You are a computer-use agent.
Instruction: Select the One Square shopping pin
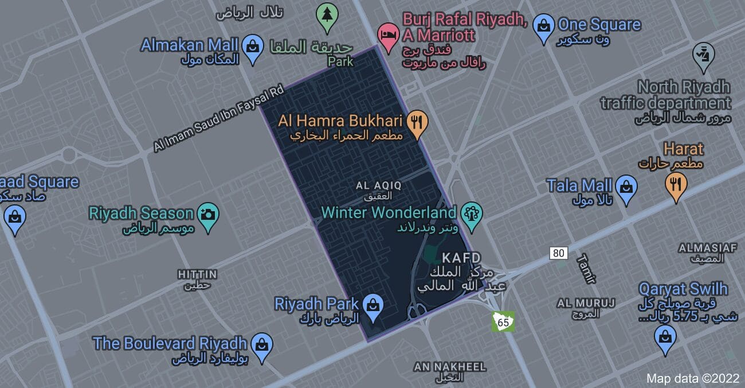click(543, 26)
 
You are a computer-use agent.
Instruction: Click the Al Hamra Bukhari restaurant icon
click(417, 122)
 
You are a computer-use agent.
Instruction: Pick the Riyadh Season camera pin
click(207, 215)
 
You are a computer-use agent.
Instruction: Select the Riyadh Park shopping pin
click(372, 305)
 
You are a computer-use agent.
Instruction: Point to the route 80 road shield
click(559, 253)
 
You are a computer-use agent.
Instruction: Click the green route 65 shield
click(504, 321)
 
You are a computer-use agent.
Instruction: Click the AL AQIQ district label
click(379, 185)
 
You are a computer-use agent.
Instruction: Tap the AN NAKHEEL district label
click(449, 366)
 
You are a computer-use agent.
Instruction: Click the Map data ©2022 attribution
click(692, 378)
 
